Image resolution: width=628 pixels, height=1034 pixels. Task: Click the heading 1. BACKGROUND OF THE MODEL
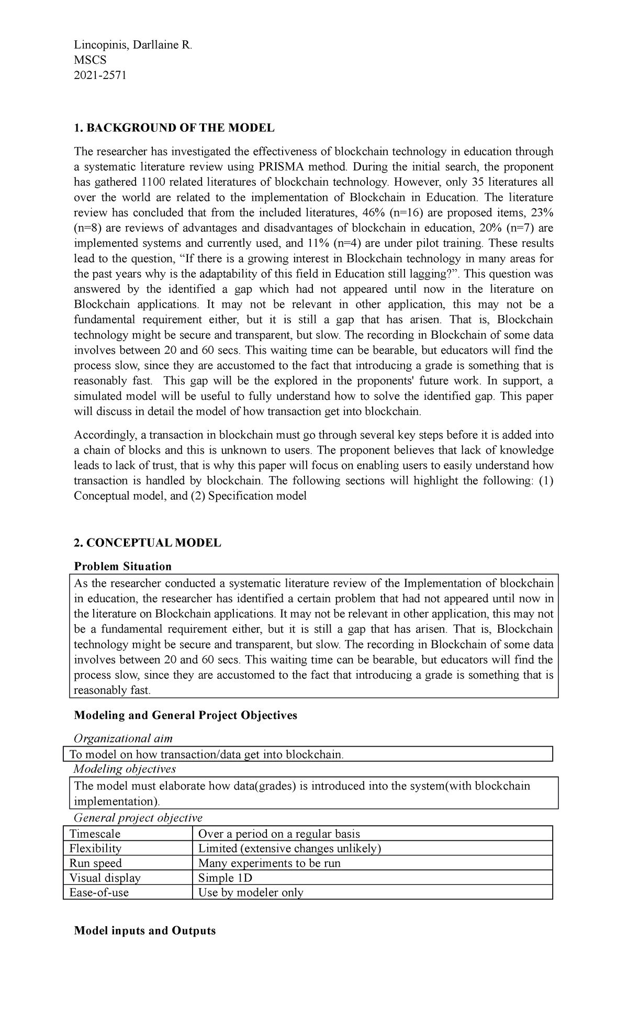174,128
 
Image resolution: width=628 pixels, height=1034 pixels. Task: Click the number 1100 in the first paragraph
154,182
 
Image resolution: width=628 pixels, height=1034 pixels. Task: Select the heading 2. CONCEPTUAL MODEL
148,543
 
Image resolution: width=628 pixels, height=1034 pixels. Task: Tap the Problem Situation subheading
123,566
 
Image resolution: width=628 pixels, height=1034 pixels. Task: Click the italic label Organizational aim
123,738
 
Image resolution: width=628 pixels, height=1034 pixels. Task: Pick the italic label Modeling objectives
125,769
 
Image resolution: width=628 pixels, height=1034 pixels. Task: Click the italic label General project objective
138,818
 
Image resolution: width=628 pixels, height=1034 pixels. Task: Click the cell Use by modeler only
251,893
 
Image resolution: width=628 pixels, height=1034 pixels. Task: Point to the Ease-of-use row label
99,893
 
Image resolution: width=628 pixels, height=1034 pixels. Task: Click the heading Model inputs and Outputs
145,930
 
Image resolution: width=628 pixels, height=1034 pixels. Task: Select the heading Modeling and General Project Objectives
186,715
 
